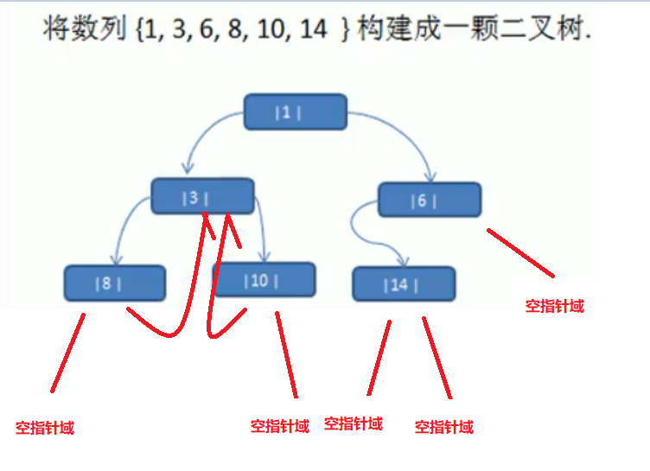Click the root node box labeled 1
click(x=295, y=111)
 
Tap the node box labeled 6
click(x=430, y=200)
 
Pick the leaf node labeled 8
click(x=114, y=283)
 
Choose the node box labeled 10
click(x=264, y=279)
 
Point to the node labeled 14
click(x=404, y=283)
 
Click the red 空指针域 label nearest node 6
click(x=554, y=305)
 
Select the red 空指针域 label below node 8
click(x=44, y=427)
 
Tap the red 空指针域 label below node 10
click(x=279, y=425)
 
